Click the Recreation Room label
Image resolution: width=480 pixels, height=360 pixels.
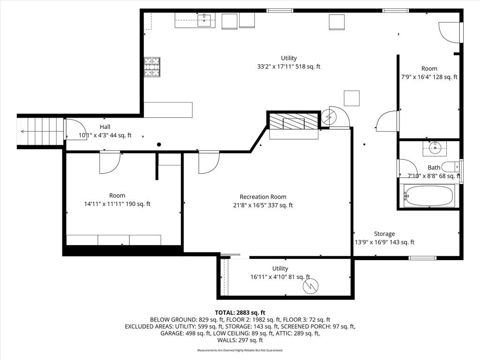pyautogui.click(x=263, y=197)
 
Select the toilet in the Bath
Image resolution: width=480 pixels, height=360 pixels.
pyautogui.click(x=452, y=167)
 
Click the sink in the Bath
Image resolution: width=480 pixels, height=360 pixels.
pyautogui.click(x=435, y=148)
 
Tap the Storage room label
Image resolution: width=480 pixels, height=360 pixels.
pyautogui.click(x=384, y=234)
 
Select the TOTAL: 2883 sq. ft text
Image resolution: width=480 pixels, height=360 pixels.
pyautogui.click(x=240, y=313)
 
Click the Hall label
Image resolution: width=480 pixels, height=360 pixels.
pyautogui.click(x=105, y=127)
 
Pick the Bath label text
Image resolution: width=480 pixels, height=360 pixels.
pyautogui.click(x=434, y=167)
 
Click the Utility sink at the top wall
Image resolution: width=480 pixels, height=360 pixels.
pyautogui.click(x=204, y=21)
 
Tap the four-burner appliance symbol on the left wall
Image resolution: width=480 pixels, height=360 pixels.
pyautogui.click(x=152, y=67)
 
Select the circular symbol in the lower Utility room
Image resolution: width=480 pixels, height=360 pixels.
pyautogui.click(x=311, y=287)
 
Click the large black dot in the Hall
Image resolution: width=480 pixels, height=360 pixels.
pyautogui.click(x=159, y=144)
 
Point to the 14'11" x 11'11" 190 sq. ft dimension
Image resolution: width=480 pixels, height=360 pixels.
pyautogui.click(x=117, y=204)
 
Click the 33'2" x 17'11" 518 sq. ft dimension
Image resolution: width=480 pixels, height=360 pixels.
pyautogui.click(x=289, y=67)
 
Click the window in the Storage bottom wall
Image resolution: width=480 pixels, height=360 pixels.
pyautogui.click(x=423, y=258)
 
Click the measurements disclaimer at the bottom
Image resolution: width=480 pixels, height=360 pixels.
pyautogui.click(x=240, y=350)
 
